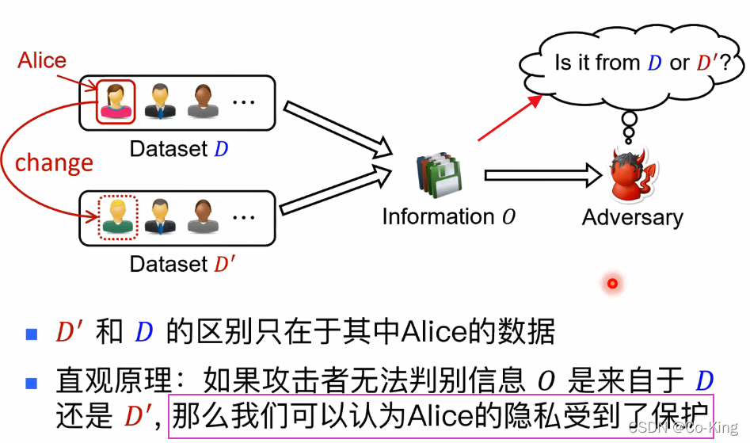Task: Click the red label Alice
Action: [42, 60]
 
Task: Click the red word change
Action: [54, 162]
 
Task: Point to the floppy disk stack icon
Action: [438, 177]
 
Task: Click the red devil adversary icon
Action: [634, 175]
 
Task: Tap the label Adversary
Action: [632, 217]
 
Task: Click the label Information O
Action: [448, 217]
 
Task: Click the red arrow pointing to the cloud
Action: [510, 118]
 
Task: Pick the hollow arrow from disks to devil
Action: [543, 174]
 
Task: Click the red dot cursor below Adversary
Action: [612, 283]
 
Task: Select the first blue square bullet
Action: [32, 333]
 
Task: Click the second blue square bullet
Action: [32, 384]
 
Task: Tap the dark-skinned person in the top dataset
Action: [203, 101]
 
